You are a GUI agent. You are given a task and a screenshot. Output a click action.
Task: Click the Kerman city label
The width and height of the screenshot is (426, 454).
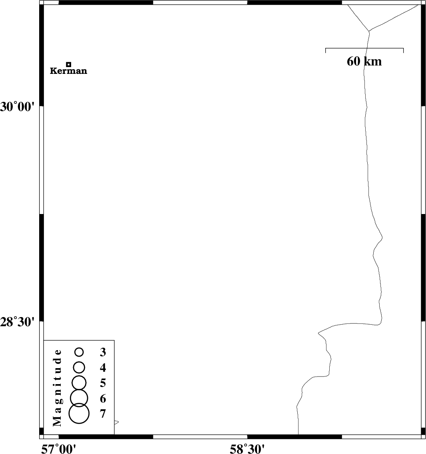68,71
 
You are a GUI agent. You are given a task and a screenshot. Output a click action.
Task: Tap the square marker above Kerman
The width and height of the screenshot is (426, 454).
69,65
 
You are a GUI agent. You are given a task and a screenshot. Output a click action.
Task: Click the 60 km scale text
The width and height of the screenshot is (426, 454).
364,61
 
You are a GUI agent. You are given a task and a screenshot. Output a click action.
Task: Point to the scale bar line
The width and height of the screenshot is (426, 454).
364,48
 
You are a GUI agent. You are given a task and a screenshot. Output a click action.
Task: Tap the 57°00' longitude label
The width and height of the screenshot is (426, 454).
59,449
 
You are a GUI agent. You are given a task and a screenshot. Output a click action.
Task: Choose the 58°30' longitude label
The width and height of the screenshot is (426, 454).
247,449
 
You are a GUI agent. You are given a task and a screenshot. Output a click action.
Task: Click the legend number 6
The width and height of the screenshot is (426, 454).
103,399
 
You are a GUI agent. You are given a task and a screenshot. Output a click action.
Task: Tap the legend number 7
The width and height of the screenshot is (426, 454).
103,414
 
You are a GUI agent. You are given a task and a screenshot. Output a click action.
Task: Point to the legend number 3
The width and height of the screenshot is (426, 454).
103,352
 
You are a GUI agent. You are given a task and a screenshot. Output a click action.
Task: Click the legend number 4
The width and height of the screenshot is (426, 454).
103,368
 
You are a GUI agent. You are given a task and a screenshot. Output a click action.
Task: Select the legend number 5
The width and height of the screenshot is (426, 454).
103,383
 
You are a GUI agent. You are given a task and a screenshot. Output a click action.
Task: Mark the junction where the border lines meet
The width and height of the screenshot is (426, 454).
369,31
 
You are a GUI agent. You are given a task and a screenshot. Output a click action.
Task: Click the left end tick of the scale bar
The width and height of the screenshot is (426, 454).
326,50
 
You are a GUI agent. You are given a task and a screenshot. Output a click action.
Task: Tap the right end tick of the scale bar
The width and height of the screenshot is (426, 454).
403,50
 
